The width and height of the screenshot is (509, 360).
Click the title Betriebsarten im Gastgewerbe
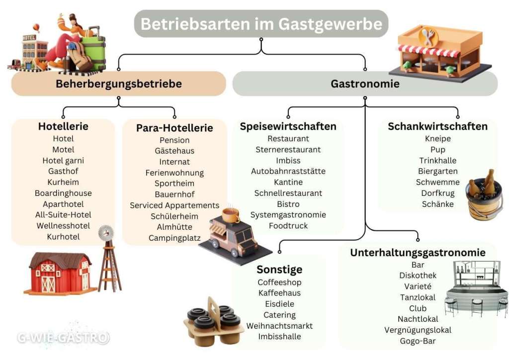click(x=261, y=24)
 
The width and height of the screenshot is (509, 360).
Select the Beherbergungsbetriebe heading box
click(x=118, y=84)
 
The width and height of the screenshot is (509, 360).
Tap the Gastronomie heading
click(x=365, y=84)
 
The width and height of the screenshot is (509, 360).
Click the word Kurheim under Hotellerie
click(x=63, y=182)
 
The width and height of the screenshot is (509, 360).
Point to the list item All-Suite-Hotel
click(x=63, y=215)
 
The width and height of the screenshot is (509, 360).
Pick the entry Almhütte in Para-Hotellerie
click(x=174, y=227)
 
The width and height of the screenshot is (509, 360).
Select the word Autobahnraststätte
click(x=288, y=171)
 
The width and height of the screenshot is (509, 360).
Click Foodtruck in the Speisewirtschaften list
click(x=288, y=226)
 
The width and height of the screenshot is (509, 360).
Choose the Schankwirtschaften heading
click(x=437, y=126)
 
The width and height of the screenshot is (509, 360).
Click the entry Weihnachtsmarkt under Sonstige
click(x=279, y=326)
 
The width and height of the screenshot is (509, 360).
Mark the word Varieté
click(x=418, y=286)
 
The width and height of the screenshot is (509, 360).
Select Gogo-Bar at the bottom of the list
click(x=418, y=341)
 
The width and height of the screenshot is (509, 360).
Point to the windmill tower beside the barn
click(x=108, y=261)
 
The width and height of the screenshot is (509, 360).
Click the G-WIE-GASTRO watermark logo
click(x=63, y=338)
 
